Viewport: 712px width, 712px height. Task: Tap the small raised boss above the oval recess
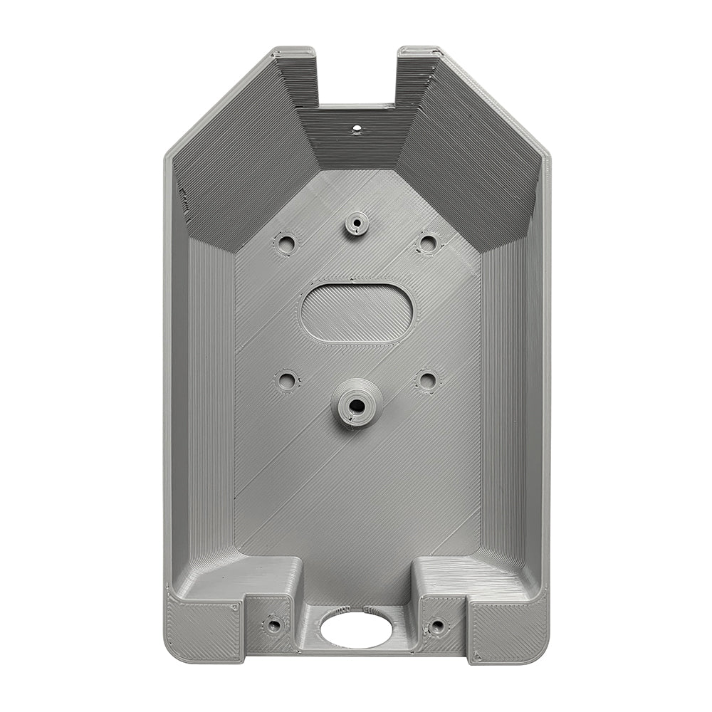(357, 224)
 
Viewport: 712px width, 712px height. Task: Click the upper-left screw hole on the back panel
(287, 244)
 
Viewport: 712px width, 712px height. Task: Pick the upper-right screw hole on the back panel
(426, 244)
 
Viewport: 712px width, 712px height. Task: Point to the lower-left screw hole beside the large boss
(287, 381)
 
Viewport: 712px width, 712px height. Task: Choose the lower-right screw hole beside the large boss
(426, 380)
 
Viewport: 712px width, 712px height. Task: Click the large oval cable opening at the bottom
(356, 629)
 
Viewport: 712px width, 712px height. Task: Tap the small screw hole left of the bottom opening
(274, 626)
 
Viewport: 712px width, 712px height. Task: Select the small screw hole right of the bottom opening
(437, 626)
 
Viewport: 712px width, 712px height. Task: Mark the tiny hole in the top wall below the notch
(357, 130)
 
